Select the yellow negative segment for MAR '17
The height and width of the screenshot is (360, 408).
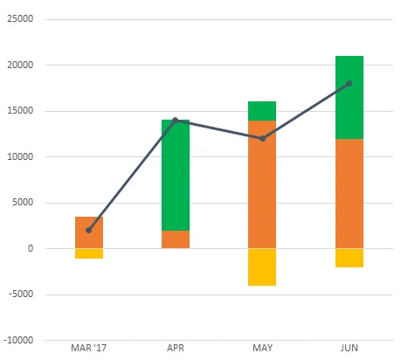pyautogui.click(x=89, y=253)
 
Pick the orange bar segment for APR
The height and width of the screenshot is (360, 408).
pyautogui.click(x=176, y=239)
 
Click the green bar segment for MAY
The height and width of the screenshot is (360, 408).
pyautogui.click(x=262, y=111)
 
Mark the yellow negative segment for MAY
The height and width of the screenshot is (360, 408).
pyautogui.click(x=262, y=267)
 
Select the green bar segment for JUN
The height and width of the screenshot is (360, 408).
pyautogui.click(x=349, y=97)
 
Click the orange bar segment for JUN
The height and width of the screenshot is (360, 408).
pyautogui.click(x=349, y=193)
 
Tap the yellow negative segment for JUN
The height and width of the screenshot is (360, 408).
pyautogui.click(x=349, y=258)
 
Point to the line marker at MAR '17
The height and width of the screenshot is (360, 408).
pyautogui.click(x=89, y=230)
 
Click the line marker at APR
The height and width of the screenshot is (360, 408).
pyautogui.click(x=176, y=121)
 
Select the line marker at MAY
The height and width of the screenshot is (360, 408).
pyautogui.click(x=262, y=138)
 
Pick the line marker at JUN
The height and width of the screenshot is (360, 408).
pyautogui.click(x=349, y=84)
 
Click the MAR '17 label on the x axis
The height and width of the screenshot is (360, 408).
pyautogui.click(x=89, y=348)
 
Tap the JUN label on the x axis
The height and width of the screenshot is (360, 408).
pyautogui.click(x=349, y=348)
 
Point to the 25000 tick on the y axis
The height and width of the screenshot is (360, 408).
pyautogui.click(x=20, y=19)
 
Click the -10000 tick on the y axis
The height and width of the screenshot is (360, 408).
pyautogui.click(x=18, y=340)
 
